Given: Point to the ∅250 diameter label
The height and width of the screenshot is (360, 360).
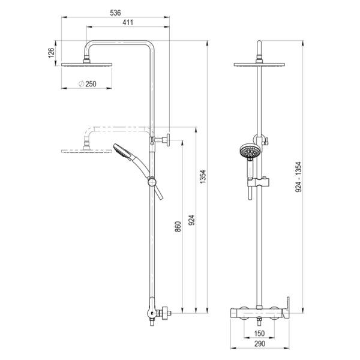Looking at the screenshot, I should coord(88,84).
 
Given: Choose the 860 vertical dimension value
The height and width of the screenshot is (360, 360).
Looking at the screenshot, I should coord(178,229).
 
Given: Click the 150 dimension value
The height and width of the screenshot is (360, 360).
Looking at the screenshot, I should coord(259,334).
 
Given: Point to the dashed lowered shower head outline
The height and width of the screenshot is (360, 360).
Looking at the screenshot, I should coord(85,151).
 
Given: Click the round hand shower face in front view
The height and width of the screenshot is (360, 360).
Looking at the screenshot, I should coord(247,151).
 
